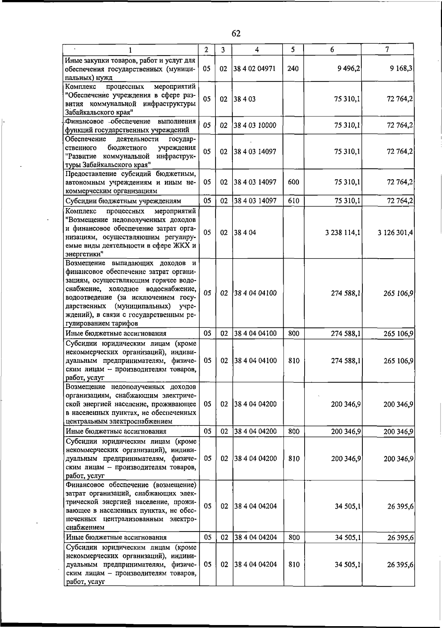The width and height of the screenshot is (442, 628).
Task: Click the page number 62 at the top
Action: pos(236,34)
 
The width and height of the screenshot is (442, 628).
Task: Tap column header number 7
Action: pos(387,49)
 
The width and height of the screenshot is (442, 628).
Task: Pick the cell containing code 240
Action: pos(293,69)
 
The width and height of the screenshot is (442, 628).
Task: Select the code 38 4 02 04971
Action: pos(255,69)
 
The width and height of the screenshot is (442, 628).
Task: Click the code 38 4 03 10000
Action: pos(255,125)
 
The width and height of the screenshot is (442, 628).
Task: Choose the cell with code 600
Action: pos(293,182)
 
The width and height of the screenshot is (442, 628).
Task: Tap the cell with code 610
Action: pos(293,201)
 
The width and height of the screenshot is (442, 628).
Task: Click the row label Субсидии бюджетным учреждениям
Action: pos(123,201)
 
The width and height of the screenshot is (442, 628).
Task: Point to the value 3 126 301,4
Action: pos(395,233)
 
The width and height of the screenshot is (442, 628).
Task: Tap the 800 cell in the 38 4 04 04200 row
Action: pos(294,431)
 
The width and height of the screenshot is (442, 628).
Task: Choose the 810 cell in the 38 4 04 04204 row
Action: pos(294,565)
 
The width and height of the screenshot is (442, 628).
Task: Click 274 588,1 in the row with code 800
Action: pos(346,334)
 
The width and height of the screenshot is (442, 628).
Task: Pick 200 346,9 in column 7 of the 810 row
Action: pos(399,459)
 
